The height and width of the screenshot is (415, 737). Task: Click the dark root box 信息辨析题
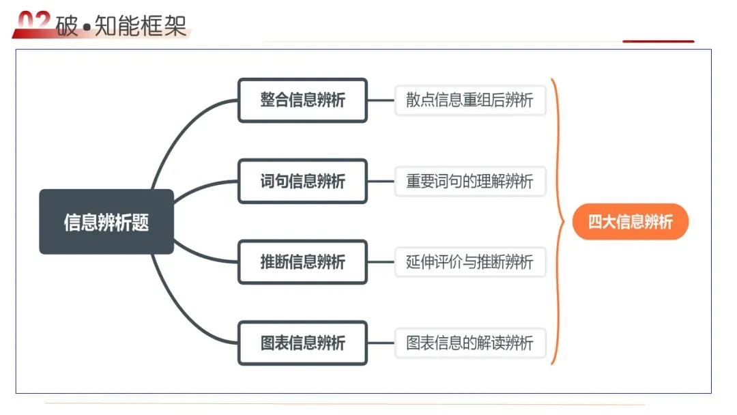[106, 222]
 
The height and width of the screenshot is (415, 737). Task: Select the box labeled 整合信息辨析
[302, 100]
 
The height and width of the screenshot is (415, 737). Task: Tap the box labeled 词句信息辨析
[302, 181]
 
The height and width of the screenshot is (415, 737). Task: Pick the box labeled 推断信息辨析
[302, 261]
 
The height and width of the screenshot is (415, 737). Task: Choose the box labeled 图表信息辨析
[302, 342]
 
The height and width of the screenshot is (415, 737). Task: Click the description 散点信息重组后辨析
[470, 100]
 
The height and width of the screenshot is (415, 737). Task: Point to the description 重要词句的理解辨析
[470, 181]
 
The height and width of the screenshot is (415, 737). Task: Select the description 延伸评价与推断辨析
[470, 261]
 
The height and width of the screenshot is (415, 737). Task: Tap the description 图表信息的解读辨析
[470, 342]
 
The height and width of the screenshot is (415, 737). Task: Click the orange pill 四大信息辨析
[630, 222]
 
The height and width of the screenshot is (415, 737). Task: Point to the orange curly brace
[558, 222]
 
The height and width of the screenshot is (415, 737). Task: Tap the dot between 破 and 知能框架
[87, 27]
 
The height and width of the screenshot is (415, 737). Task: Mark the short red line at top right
[658, 42]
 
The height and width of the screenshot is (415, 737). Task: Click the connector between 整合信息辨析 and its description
[381, 100]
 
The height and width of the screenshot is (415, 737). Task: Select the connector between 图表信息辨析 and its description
[381, 342]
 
